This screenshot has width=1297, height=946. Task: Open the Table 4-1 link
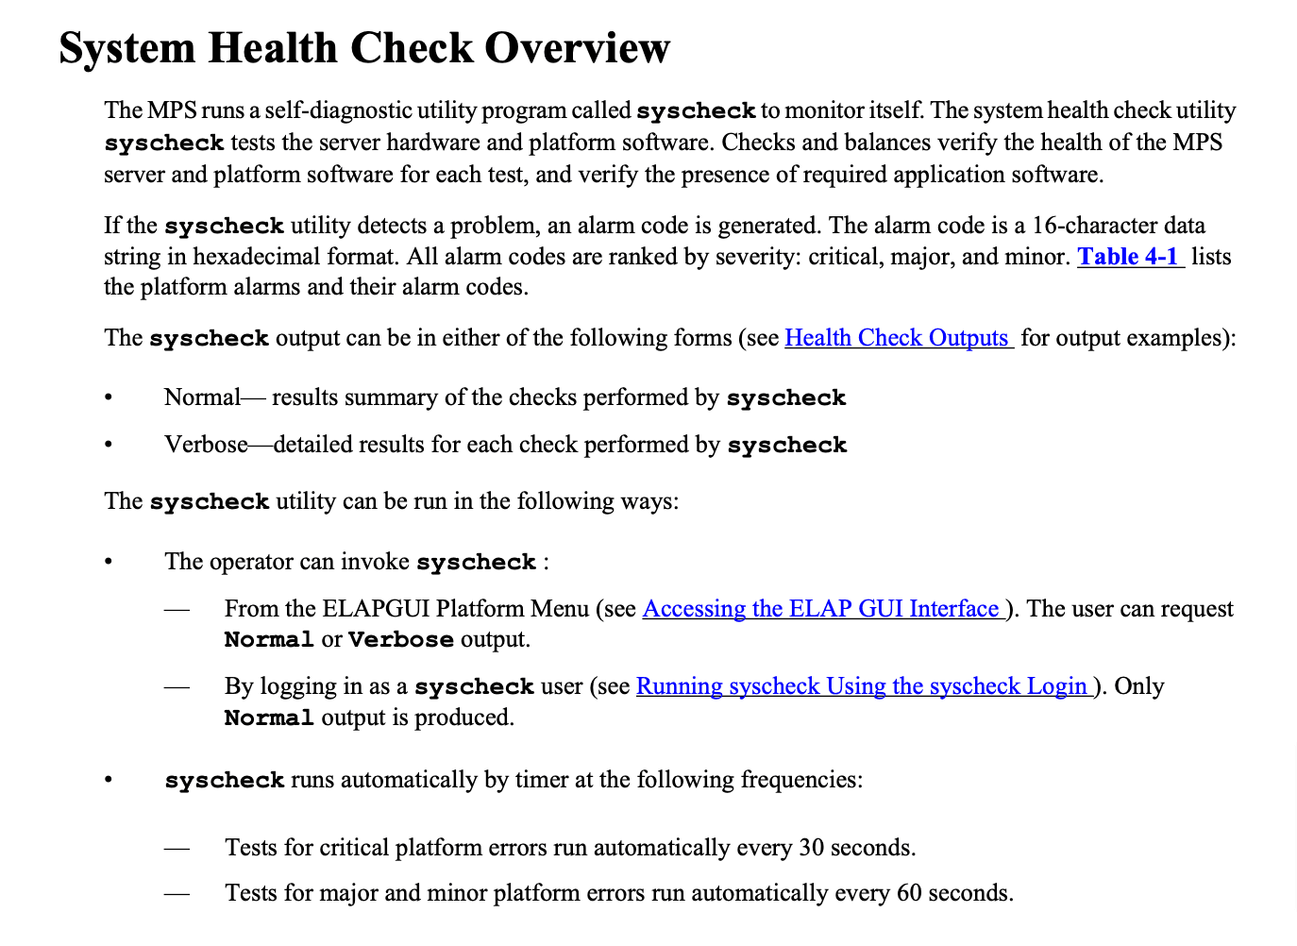[x=1128, y=257]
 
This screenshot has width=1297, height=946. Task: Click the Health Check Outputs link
[x=897, y=338]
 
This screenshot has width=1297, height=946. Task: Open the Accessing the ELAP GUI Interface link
[x=820, y=609]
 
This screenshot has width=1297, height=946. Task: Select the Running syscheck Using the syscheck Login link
[x=861, y=686]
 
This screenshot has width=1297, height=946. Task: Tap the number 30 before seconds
[x=811, y=848]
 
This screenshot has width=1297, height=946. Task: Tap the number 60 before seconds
[x=909, y=893]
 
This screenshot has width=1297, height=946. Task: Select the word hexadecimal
[x=256, y=257]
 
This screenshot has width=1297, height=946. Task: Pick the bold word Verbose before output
[x=400, y=640]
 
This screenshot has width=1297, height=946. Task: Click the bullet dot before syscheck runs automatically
[x=109, y=780]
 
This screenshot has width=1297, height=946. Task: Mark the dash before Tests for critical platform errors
[x=177, y=848]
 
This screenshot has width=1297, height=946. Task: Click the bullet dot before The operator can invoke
[x=109, y=562]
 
